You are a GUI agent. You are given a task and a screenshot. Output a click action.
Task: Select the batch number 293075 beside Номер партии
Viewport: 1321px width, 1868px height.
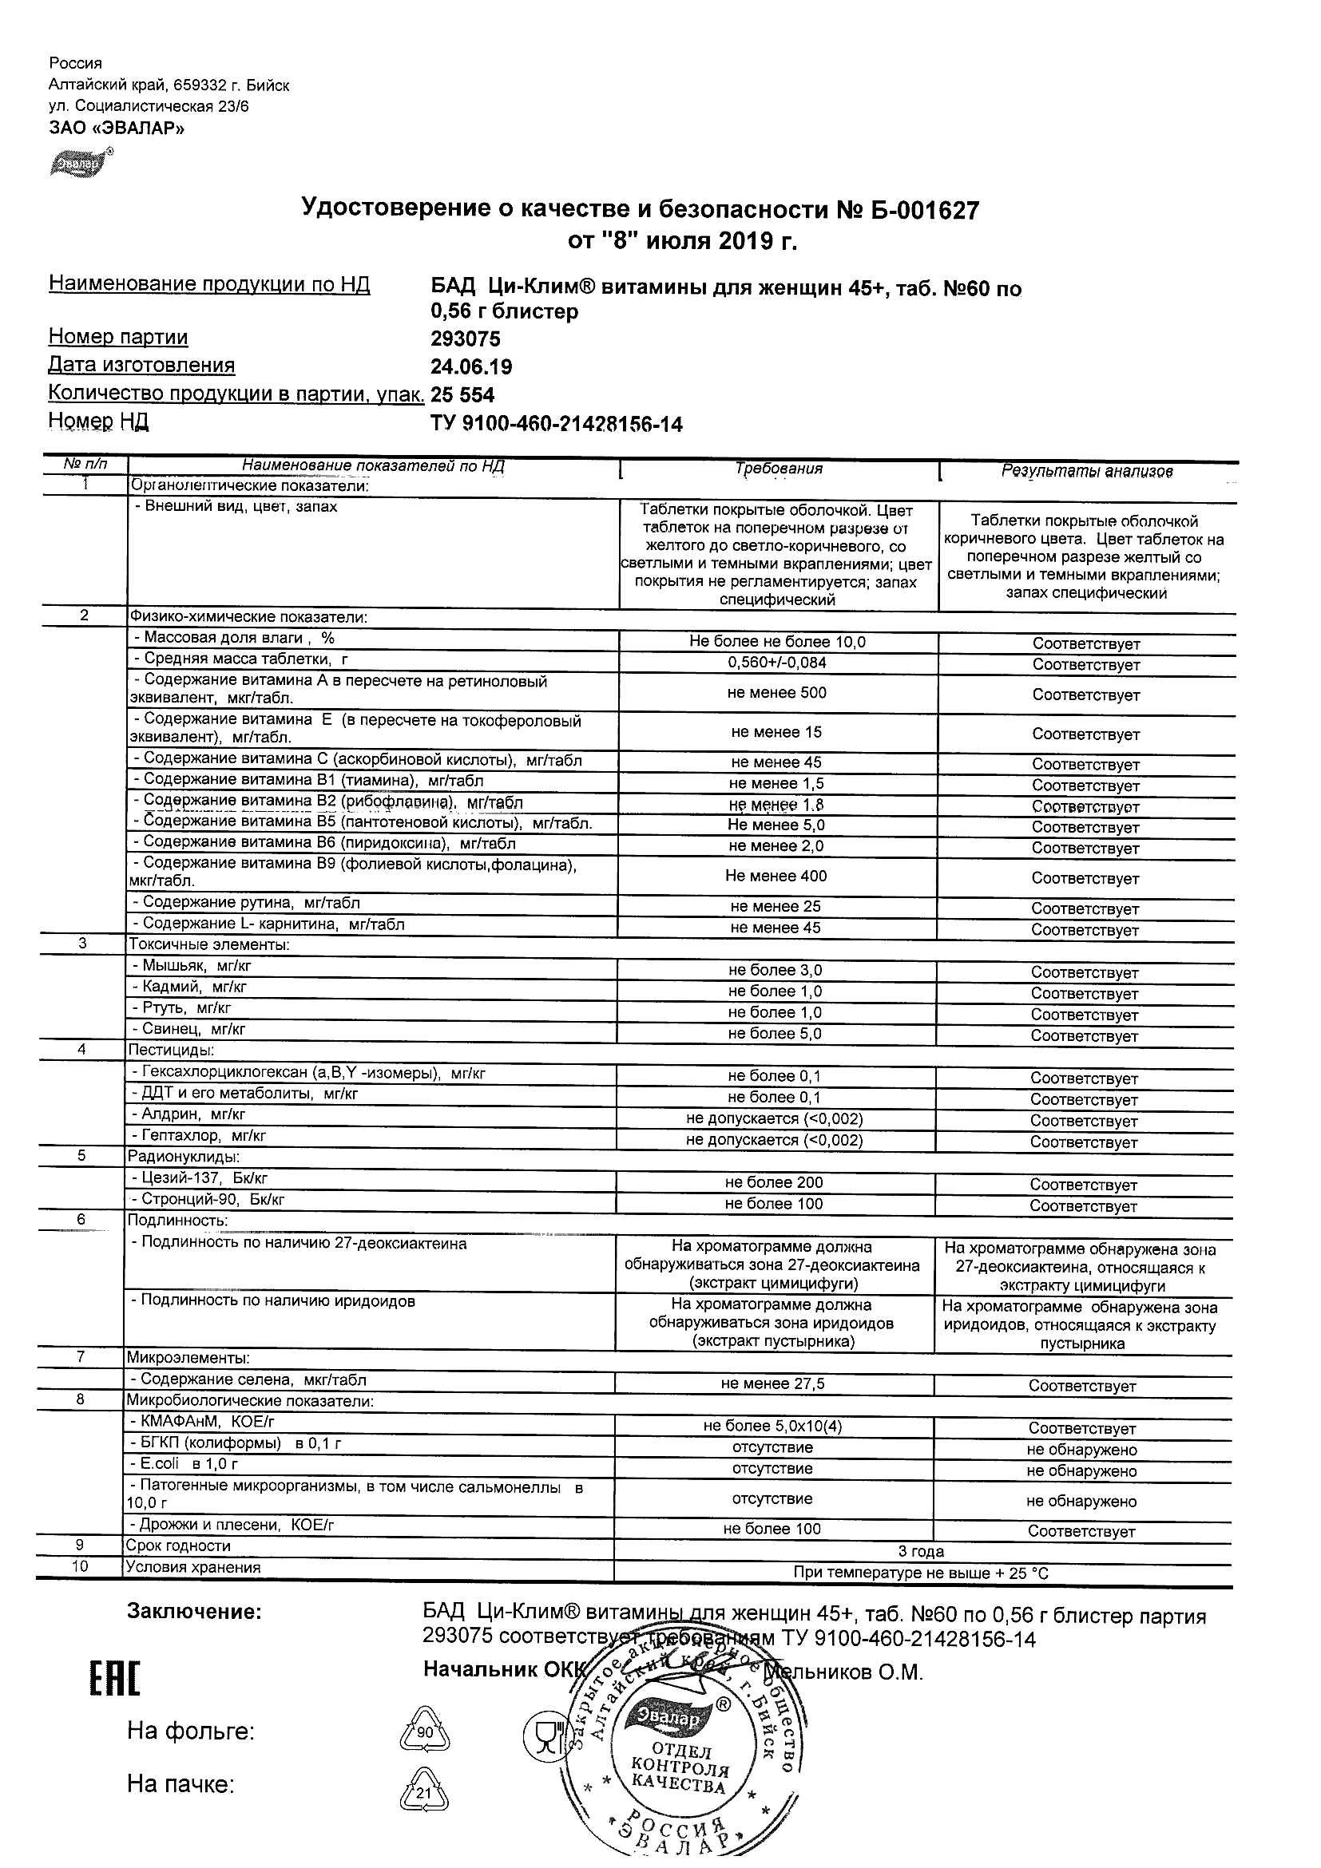(x=466, y=338)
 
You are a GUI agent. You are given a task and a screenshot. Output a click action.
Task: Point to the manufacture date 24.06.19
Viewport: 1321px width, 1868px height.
(x=471, y=367)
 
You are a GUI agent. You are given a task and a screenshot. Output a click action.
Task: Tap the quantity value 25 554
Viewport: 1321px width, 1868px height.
(x=462, y=395)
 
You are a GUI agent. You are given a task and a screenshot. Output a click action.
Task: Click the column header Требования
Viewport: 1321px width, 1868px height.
(x=778, y=469)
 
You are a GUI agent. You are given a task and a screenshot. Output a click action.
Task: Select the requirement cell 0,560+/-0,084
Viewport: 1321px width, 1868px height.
(x=776, y=663)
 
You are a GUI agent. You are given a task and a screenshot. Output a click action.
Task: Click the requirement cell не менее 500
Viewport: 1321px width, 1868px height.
(x=776, y=693)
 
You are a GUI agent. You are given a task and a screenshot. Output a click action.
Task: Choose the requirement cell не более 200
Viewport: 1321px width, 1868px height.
(x=774, y=1183)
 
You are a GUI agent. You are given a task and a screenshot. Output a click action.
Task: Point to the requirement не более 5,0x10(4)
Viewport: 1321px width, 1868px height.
(x=772, y=1427)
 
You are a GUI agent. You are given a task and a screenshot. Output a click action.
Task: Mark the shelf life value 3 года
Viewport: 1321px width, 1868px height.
(x=921, y=1552)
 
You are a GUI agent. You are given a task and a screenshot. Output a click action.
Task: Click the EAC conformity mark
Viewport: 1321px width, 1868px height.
(x=114, y=1675)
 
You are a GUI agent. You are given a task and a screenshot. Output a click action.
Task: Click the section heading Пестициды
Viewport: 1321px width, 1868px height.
(x=169, y=1051)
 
